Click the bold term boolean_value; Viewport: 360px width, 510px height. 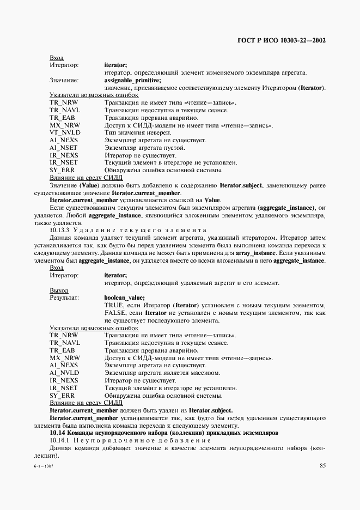[x=124, y=297]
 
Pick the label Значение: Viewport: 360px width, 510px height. [x=64, y=80]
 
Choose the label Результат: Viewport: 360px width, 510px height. [x=65, y=297]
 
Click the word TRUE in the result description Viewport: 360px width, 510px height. [x=114, y=305]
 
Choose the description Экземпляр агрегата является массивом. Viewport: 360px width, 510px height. [x=162, y=373]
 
